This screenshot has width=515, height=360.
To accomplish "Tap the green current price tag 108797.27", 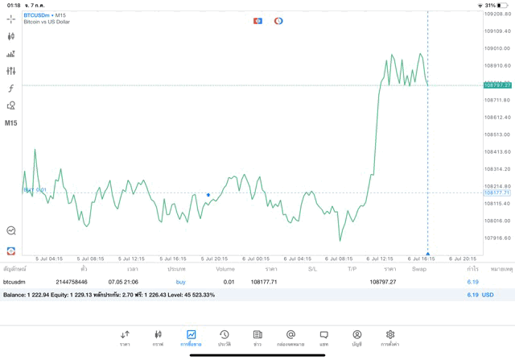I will (x=497, y=85).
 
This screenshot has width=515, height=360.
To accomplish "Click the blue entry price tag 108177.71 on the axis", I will (x=497, y=192).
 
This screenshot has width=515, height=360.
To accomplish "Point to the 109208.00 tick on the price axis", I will (x=497, y=14).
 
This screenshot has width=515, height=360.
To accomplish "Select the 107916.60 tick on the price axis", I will (x=497, y=238).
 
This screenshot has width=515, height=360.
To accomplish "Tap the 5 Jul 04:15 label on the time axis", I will (x=50, y=259).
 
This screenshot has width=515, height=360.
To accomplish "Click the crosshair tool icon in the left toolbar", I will (x=11, y=19).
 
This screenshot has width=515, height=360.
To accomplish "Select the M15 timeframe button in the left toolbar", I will (x=10, y=123).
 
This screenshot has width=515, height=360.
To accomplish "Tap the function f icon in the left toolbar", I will (x=11, y=89).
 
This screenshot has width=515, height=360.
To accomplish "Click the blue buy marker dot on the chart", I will (x=208, y=195).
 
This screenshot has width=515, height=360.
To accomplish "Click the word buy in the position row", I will (x=180, y=282).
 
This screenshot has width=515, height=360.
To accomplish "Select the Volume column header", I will (x=225, y=269).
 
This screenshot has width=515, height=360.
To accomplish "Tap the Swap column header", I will (x=419, y=269).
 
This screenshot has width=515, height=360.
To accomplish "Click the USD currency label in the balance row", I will (x=487, y=295).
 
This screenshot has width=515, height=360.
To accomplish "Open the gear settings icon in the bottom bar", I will (x=390, y=337).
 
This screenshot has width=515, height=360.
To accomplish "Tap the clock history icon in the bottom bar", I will (x=225, y=337).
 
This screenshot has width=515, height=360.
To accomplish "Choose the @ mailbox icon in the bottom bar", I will (x=290, y=337).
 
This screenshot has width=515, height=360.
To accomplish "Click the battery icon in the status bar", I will (x=503, y=5).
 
